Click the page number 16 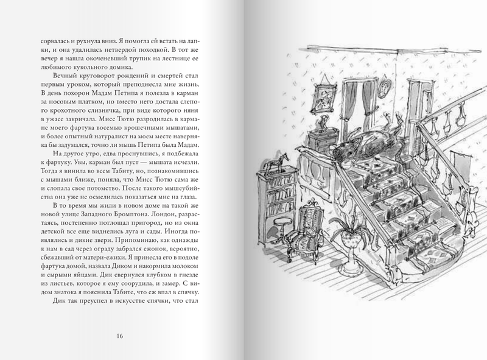tap(119, 336)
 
